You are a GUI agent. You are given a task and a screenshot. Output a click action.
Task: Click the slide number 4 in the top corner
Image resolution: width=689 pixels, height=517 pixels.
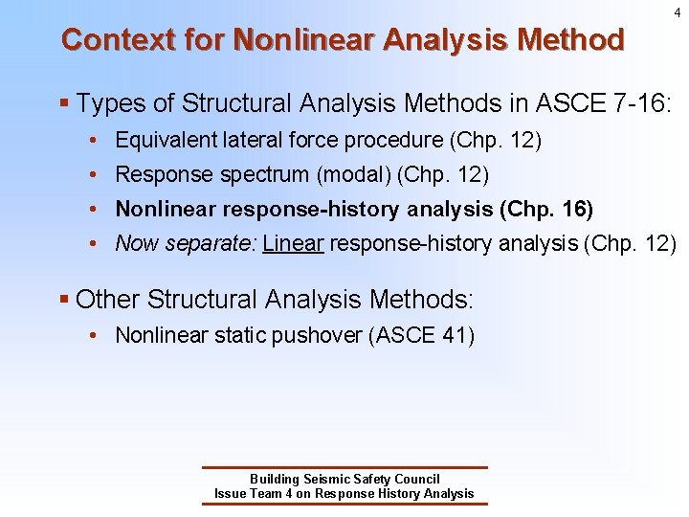pyautogui.click(x=677, y=12)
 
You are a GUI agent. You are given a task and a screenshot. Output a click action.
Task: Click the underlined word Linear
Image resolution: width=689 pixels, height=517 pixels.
pyautogui.click(x=294, y=244)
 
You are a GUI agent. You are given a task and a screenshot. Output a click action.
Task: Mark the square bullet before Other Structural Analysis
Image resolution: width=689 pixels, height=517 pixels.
pyautogui.click(x=64, y=300)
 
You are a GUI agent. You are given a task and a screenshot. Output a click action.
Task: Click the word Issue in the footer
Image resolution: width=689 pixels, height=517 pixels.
pyautogui.click(x=230, y=494)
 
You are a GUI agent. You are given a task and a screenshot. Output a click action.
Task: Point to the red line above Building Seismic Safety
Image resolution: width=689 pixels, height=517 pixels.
pyautogui.click(x=344, y=468)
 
